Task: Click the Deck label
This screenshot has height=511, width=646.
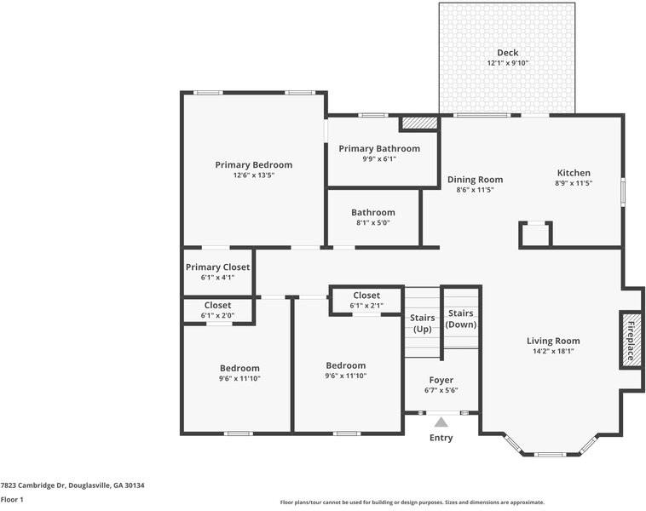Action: click(x=508, y=53)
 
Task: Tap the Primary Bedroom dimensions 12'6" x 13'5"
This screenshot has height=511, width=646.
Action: click(x=254, y=175)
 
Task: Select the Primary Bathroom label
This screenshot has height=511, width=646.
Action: click(x=379, y=149)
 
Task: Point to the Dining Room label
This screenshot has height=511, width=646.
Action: click(x=475, y=180)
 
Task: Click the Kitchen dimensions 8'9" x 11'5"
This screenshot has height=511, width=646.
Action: click(x=574, y=183)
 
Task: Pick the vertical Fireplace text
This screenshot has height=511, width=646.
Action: click(x=631, y=342)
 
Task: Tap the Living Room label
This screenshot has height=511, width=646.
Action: click(x=553, y=341)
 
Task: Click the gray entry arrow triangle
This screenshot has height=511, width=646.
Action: click(x=441, y=422)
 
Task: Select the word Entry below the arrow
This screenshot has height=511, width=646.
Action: click(x=441, y=438)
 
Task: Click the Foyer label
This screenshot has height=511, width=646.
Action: click(x=441, y=380)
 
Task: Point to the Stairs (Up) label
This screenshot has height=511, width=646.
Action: click(x=423, y=324)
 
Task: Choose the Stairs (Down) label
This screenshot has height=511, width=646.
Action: click(x=460, y=319)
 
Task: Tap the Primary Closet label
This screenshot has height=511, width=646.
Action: click(x=217, y=267)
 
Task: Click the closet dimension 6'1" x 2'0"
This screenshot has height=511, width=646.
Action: click(x=217, y=315)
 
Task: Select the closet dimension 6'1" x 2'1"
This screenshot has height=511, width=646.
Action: click(x=366, y=306)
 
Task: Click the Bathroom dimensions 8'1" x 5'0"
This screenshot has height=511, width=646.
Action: click(x=372, y=223)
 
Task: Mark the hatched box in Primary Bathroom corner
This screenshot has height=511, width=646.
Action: click(x=419, y=123)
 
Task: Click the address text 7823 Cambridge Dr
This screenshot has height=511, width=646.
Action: click(x=33, y=485)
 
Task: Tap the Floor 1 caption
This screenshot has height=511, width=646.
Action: click(x=12, y=499)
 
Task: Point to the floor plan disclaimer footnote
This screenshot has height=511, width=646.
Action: click(x=412, y=502)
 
